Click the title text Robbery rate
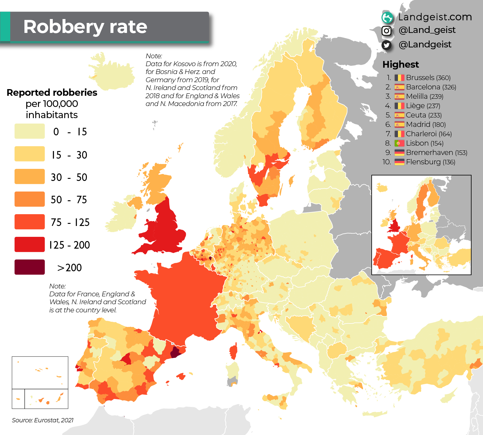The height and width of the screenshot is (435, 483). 85,27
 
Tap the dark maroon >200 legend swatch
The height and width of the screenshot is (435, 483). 30,267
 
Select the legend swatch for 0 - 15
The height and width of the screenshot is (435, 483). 30,131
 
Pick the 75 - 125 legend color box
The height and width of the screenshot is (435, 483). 30,222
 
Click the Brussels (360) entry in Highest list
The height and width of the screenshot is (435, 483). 428,78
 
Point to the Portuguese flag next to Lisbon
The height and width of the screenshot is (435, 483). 399,143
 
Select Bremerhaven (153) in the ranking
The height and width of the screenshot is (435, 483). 437,153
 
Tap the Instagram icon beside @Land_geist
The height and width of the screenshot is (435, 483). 386,31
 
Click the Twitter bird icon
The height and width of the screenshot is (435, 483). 386,45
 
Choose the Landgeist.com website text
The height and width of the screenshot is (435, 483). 435,17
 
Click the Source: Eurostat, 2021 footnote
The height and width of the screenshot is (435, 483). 43,420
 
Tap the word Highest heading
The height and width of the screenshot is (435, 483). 401,64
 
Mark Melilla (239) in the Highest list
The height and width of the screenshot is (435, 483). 424,96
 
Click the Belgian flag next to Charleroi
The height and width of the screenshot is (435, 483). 399,134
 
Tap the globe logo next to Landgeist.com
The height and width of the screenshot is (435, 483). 387,18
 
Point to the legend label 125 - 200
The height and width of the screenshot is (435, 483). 70,245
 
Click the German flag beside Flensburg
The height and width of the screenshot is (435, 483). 399,162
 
